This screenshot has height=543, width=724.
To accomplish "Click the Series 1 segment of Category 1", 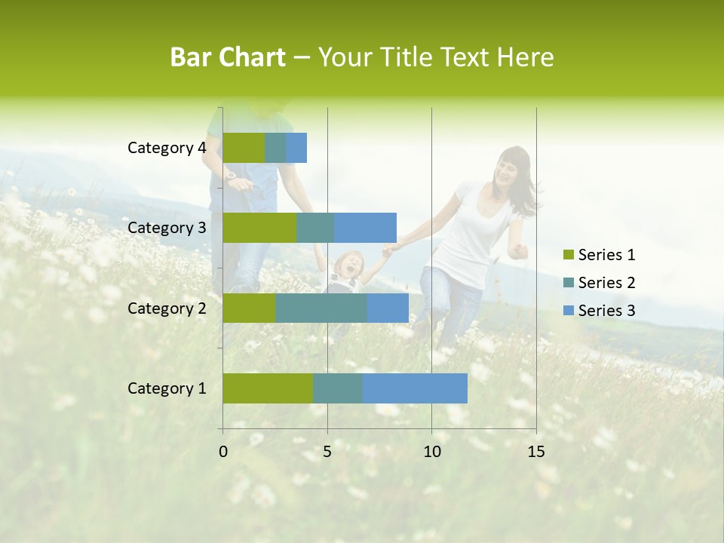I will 268,388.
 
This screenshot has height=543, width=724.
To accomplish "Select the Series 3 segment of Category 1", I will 415,388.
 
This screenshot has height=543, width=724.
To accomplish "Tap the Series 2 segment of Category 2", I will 321,308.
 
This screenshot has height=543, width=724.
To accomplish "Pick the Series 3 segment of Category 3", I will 365,228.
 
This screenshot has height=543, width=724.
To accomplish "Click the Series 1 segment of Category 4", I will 244,148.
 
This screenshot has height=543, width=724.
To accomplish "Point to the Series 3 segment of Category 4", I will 296,148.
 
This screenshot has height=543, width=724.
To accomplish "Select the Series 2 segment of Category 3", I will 315,228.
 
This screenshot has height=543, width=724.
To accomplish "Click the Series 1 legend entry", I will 599,255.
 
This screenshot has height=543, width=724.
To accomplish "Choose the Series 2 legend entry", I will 599,283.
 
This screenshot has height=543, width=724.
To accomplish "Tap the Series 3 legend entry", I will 599,311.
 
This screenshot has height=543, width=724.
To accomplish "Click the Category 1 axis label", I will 167,388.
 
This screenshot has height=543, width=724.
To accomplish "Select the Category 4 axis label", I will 167,148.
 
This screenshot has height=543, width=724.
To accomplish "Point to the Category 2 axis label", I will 167,308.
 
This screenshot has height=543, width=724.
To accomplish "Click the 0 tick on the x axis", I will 223,452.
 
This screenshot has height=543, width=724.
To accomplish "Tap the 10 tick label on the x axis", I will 431,452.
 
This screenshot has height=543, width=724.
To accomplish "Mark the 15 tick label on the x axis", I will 535,452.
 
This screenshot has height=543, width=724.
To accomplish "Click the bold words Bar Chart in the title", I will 228,57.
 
